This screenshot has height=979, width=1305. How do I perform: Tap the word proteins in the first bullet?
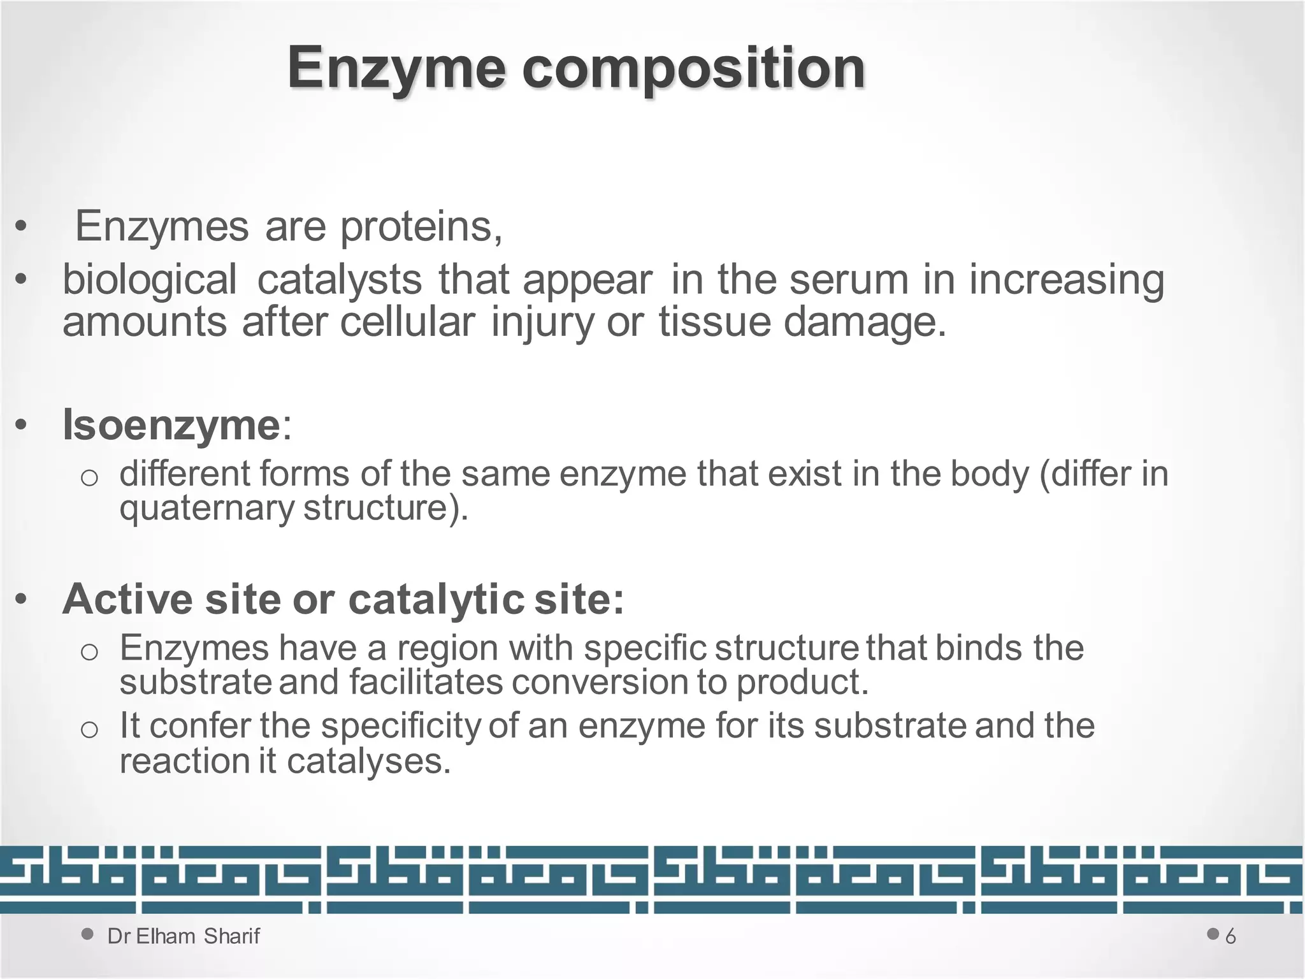click(x=421, y=226)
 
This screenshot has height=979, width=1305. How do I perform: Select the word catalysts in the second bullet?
click(x=339, y=280)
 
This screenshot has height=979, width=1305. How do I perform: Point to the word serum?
click(x=849, y=280)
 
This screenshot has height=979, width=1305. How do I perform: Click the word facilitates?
click(x=426, y=682)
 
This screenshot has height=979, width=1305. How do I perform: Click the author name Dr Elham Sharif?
click(x=184, y=936)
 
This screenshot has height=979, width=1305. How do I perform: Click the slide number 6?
click(x=1230, y=936)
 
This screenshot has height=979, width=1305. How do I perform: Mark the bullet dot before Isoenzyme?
click(x=22, y=425)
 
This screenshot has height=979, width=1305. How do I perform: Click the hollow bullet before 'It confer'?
click(x=89, y=729)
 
